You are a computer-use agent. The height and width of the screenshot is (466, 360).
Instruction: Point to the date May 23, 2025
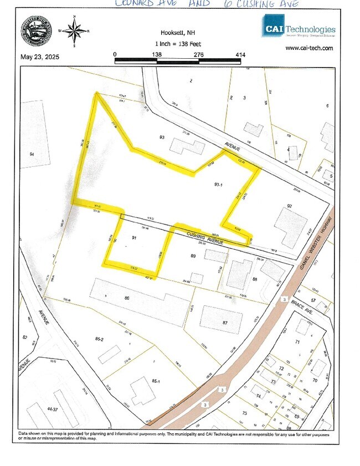(40, 56)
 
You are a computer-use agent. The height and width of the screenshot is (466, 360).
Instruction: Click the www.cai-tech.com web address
(309, 48)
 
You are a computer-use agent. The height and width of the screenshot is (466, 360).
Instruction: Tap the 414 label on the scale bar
(240, 54)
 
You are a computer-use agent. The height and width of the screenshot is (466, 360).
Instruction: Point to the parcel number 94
(32, 153)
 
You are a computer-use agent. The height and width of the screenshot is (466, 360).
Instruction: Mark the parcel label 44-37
(53, 409)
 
